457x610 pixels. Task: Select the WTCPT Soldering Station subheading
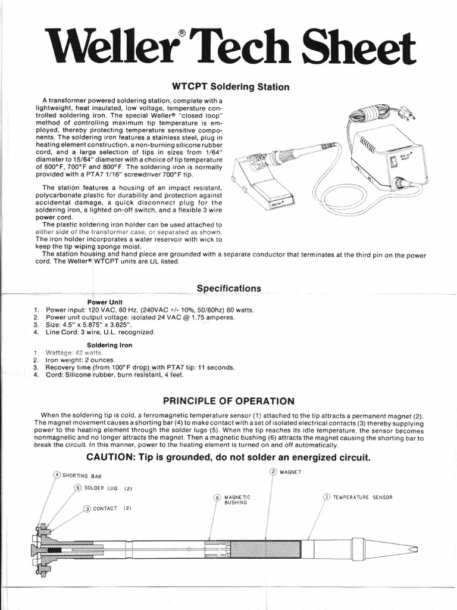[x=230, y=87]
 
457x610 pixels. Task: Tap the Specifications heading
[x=228, y=288]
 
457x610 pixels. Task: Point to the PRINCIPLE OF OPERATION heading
[x=228, y=400]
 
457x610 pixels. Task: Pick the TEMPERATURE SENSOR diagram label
[x=362, y=497]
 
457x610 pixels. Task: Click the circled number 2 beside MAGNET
[x=273, y=472]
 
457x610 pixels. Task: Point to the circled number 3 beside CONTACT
[x=87, y=509]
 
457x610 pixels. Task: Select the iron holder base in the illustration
[x=268, y=191]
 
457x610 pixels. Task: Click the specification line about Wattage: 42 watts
[x=78, y=353]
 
